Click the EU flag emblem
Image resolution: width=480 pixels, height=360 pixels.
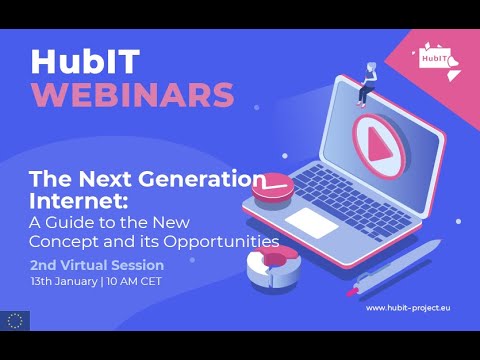[16, 320]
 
